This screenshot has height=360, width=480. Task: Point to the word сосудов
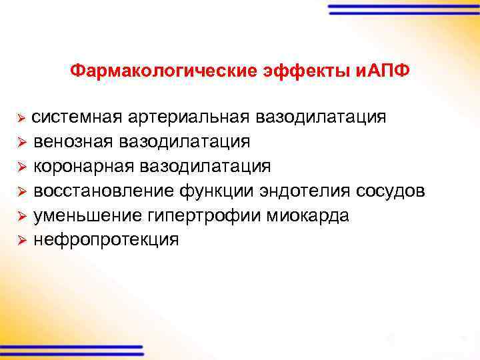387,191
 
